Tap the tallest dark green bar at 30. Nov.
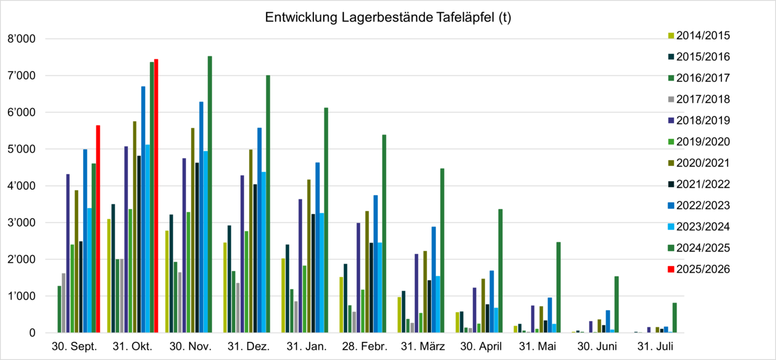click(x=210, y=195)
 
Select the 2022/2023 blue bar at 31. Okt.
click(x=143, y=210)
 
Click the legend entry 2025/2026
click(x=703, y=268)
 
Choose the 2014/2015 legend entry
click(x=703, y=35)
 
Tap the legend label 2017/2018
click(x=703, y=99)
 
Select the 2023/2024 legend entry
click(x=703, y=226)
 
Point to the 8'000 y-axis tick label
click(x=21, y=39)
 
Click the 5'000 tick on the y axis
click(x=21, y=150)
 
